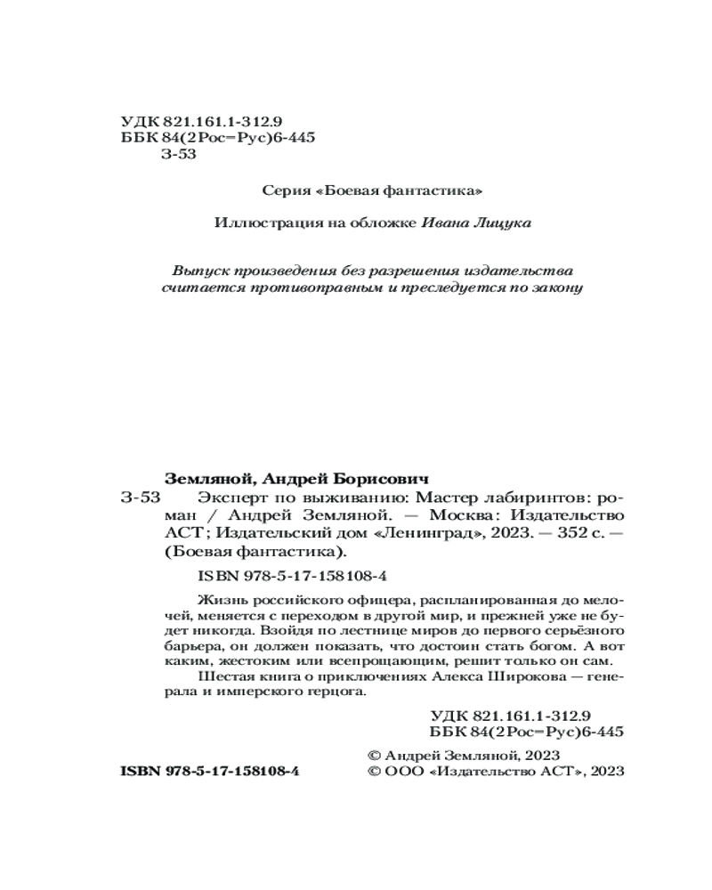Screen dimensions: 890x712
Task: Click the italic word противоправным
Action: coord(299,288)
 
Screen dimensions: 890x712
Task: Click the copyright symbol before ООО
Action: coord(375,772)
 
